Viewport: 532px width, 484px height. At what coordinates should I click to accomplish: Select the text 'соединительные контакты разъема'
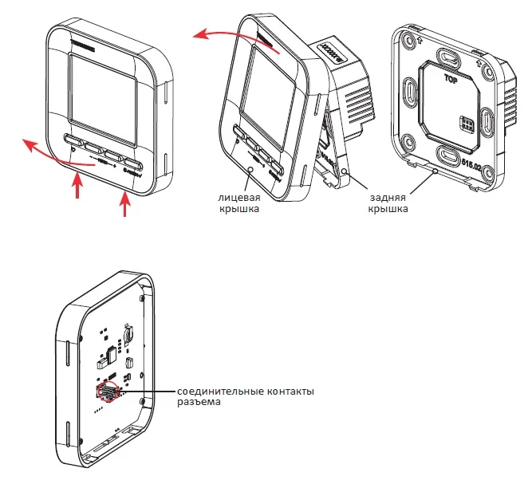point(246,397)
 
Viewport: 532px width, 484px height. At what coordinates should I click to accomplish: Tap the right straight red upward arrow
point(124,203)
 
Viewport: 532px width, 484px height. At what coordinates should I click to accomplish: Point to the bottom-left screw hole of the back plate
point(408,144)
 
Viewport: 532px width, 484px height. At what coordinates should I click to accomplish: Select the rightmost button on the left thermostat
point(132,167)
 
